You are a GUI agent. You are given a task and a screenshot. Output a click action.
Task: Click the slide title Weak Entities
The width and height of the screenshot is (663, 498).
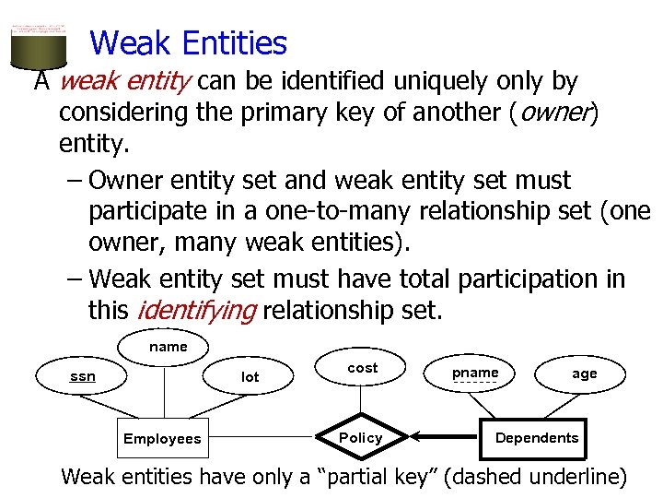[x=189, y=43]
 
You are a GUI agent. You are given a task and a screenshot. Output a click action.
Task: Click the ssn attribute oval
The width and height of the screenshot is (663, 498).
[x=83, y=376]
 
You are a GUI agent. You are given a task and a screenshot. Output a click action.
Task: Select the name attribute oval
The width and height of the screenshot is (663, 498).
[x=168, y=348]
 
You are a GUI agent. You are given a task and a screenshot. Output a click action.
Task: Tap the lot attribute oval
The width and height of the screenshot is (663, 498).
[x=250, y=376]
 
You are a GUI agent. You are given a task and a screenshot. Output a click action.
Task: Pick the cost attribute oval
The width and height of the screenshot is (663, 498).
[x=362, y=368]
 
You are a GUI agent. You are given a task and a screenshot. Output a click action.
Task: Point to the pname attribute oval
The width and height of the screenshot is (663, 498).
[x=475, y=373]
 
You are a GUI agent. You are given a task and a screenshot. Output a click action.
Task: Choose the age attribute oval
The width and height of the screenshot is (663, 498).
[x=584, y=373]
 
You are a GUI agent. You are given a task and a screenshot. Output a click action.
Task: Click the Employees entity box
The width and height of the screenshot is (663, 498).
[x=162, y=438]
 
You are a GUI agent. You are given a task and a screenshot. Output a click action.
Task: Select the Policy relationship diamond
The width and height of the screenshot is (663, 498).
[x=361, y=437]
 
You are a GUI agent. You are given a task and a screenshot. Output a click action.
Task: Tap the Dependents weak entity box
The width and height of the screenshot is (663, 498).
[x=536, y=437]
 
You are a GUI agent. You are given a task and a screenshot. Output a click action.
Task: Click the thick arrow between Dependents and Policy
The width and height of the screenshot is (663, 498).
[x=447, y=437]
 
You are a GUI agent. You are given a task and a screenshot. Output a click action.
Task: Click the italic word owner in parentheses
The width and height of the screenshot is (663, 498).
[x=564, y=113]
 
